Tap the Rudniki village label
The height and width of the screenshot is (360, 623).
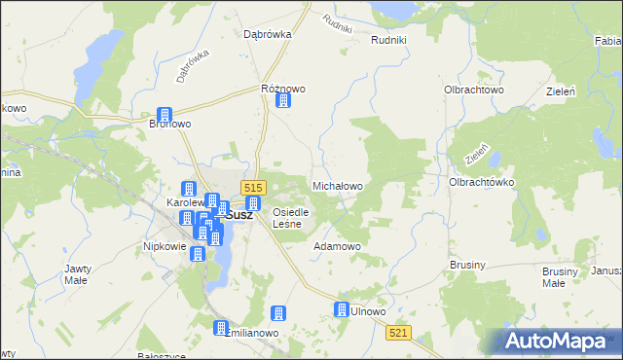[x=394, y=40]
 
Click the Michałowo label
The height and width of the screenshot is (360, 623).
[x=337, y=185]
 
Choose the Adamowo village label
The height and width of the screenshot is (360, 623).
[x=337, y=246]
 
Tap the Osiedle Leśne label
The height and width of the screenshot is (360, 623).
[x=291, y=218]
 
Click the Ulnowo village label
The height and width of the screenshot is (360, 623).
[x=369, y=311]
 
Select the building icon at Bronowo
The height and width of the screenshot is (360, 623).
[x=165, y=114]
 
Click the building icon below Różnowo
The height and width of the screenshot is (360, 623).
[x=283, y=100]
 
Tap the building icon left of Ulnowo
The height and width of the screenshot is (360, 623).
[x=342, y=309]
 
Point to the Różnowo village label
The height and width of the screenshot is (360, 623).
[x=283, y=89]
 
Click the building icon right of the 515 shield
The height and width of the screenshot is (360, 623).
[x=253, y=203]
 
